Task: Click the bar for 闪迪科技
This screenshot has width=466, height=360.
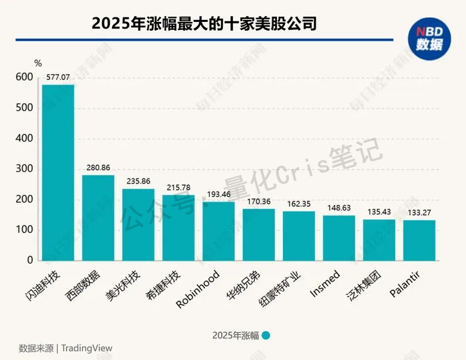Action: click(58, 172)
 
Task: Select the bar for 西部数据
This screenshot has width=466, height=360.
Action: click(98, 218)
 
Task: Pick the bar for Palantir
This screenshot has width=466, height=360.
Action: click(419, 240)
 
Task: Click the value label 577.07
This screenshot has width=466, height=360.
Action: click(57, 78)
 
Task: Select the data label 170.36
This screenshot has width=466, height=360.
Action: click(258, 202)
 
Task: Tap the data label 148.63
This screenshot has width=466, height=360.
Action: click(339, 208)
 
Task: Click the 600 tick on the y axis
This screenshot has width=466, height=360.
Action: click(24, 78)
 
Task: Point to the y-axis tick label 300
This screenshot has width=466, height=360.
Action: click(24, 170)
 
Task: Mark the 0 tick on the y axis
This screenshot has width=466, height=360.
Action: click(29, 261)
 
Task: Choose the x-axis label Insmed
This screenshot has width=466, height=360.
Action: click(326, 283)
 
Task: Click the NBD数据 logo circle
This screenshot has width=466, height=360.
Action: click(429, 39)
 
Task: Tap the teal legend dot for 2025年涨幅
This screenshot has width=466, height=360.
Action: click(266, 335)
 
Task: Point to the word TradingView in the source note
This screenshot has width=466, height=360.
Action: click(87, 348)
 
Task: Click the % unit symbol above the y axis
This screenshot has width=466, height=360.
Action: click(38, 63)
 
